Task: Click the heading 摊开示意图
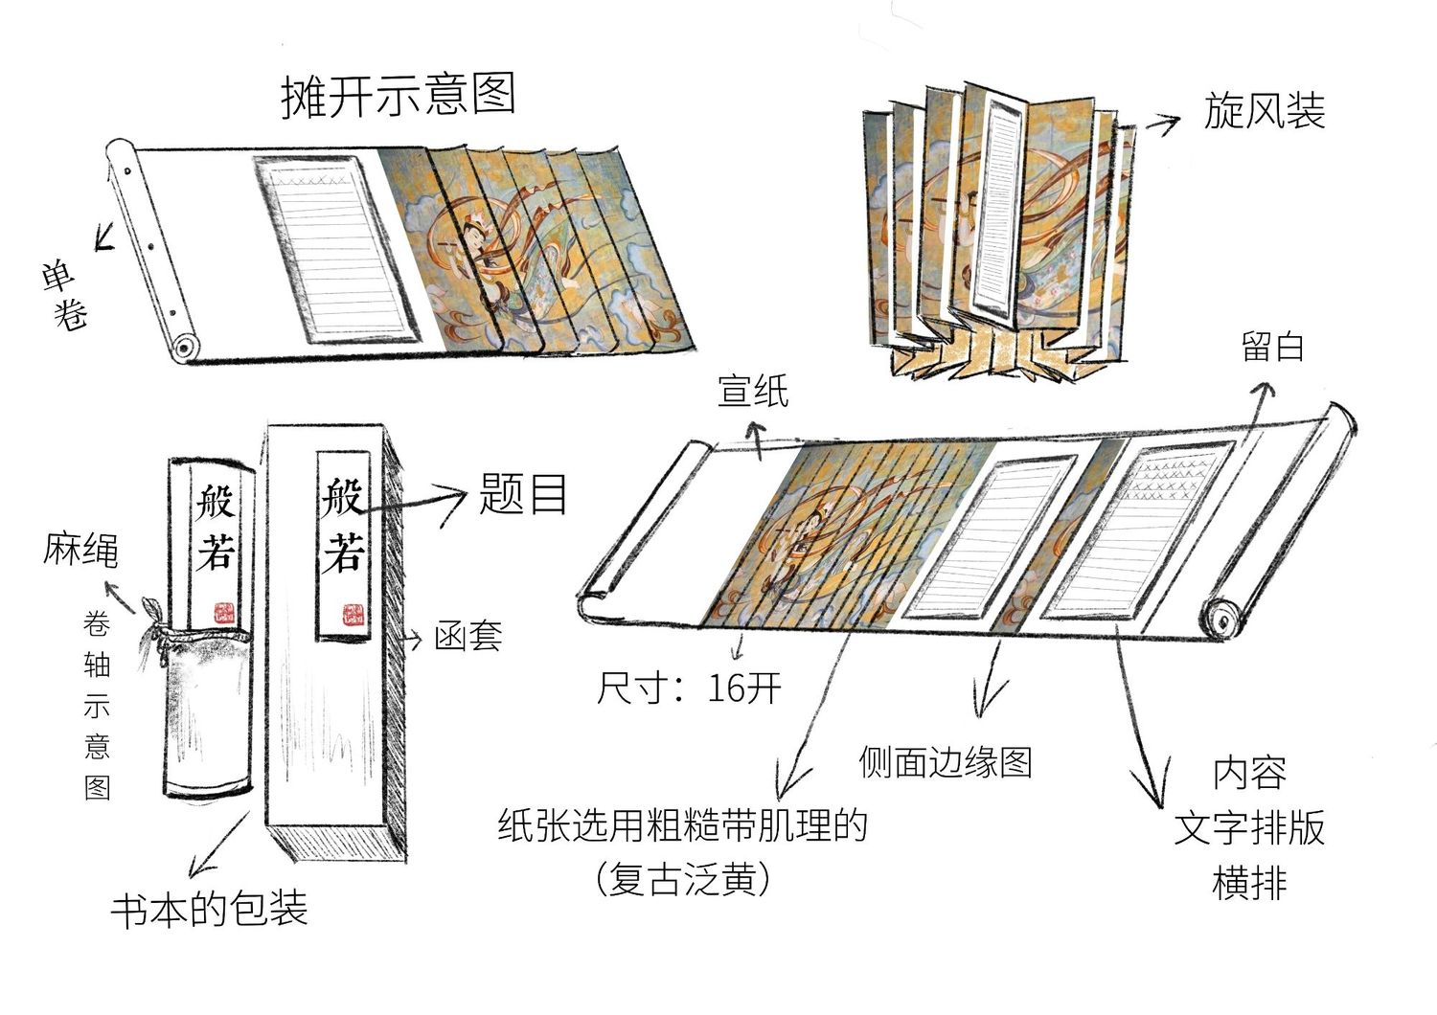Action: pyautogui.click(x=399, y=95)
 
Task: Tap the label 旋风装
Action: pyautogui.click(x=1265, y=111)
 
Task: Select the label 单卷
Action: pyautogui.click(x=64, y=295)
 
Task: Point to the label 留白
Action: pyautogui.click(x=1273, y=347)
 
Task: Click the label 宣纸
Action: pyautogui.click(x=753, y=391)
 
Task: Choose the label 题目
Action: pyautogui.click(x=524, y=496)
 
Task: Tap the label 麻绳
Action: pyautogui.click(x=80, y=551)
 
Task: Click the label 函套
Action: pyautogui.click(x=468, y=636)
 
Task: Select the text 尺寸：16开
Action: pyautogui.click(x=689, y=688)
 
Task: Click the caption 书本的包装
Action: pyautogui.click(x=209, y=908)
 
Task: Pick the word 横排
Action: pyautogui.click(x=1249, y=882)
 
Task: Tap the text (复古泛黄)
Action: pyautogui.click(x=682, y=879)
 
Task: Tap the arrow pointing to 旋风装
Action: pyautogui.click(x=1161, y=122)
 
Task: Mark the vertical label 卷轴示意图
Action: pyautogui.click(x=97, y=707)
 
